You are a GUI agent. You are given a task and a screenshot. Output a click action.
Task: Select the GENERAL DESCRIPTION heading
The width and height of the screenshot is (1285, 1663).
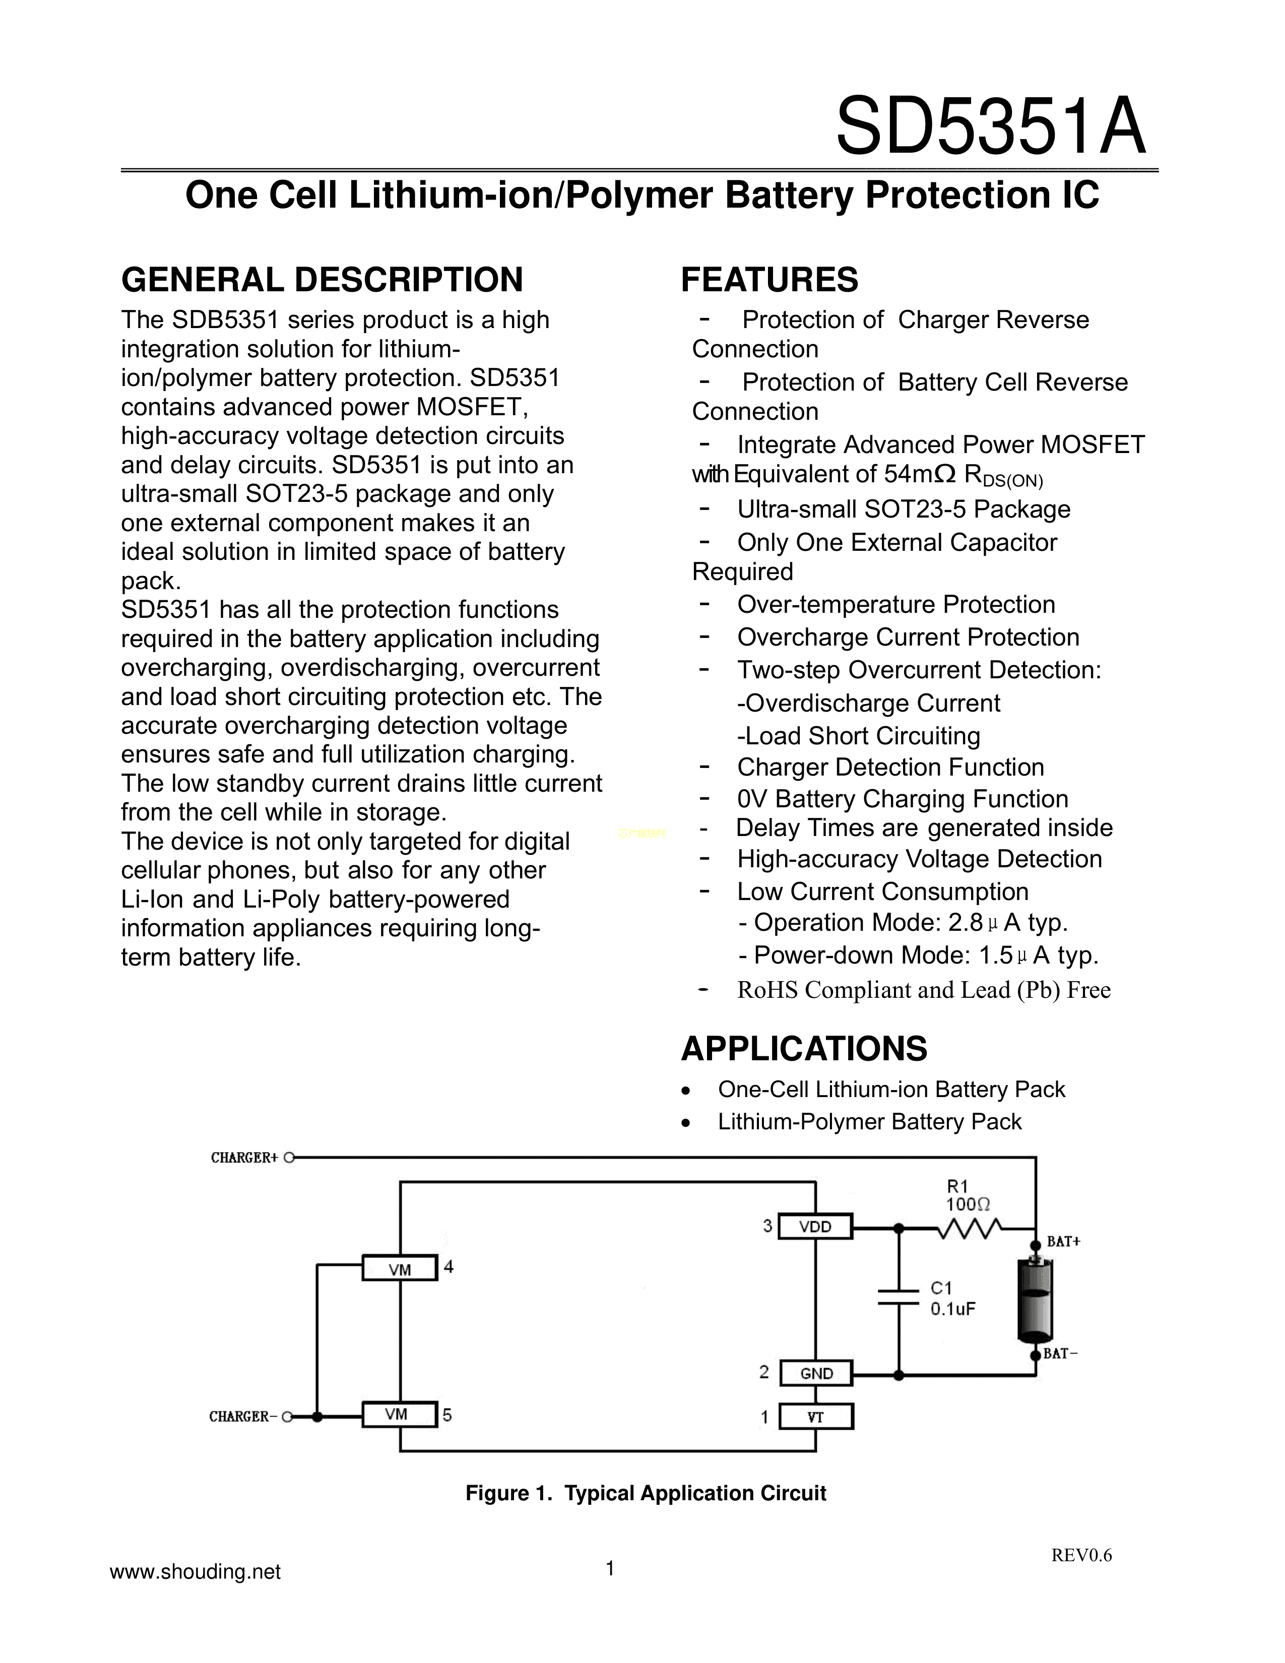(x=322, y=280)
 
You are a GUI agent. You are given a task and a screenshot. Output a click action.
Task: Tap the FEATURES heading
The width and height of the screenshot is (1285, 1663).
(x=769, y=280)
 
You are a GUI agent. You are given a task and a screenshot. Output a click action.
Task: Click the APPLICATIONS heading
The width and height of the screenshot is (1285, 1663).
(x=804, y=1049)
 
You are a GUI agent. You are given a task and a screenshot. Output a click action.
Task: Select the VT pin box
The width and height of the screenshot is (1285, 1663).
(x=815, y=1417)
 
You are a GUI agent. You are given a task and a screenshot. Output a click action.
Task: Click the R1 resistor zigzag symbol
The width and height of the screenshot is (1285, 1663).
(x=969, y=1228)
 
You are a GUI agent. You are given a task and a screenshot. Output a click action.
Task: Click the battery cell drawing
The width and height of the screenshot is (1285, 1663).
(x=1036, y=1301)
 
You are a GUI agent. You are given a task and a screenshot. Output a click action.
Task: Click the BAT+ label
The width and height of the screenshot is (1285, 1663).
(x=1063, y=1242)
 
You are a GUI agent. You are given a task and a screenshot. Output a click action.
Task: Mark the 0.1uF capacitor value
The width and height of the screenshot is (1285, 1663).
(x=952, y=1309)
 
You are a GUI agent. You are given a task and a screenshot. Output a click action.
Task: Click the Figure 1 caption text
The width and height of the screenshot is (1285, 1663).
(x=646, y=1493)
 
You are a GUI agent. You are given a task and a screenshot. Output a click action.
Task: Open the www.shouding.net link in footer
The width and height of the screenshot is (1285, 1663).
(x=196, y=1572)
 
